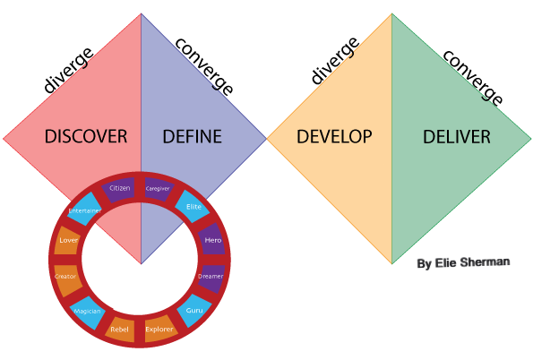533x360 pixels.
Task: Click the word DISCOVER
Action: pos(86,137)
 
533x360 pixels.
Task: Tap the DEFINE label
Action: pos(192,137)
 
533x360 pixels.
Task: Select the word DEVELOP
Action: pos(334,137)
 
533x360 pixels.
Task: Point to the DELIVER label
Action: pos(457,137)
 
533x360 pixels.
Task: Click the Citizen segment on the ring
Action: pos(119,189)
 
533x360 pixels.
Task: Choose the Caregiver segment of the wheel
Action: pos(158,189)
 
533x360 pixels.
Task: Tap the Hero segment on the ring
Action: pos(212,240)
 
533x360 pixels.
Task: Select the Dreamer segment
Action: pos(211,277)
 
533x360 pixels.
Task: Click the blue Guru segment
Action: pos(193,310)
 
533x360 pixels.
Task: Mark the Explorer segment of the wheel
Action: pos(159,329)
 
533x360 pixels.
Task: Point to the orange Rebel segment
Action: pos(119,329)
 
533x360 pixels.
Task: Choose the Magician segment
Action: pos(87,311)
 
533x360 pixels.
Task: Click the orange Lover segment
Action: pos(68,240)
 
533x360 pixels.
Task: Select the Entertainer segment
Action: pos(84,210)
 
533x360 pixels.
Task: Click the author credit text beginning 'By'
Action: pos(463,262)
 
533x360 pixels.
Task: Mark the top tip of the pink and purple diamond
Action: pos(141,14)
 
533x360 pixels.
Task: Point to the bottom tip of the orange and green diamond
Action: pos(391,263)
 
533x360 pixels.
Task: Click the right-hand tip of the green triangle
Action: pos(529,139)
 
